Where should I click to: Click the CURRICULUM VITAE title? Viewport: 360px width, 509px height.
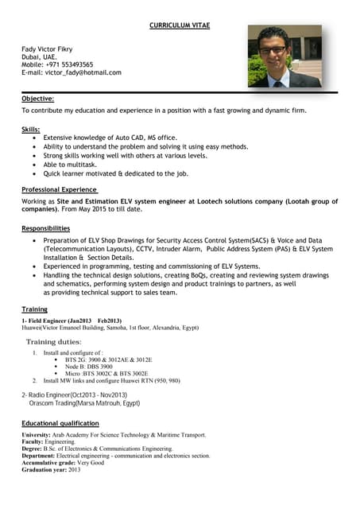[x=180, y=26]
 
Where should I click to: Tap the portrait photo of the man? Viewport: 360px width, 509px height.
[x=285, y=56]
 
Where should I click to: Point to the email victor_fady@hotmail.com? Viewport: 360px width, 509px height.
[x=71, y=73]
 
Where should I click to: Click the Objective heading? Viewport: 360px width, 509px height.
[x=37, y=99]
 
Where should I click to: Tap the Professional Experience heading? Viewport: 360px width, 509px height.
[x=60, y=190]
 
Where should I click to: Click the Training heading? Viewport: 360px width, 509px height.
[x=34, y=309]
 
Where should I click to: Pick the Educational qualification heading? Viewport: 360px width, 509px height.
[x=60, y=424]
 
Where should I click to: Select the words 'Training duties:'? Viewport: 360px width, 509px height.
[x=54, y=342]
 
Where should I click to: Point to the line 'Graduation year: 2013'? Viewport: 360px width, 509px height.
[x=52, y=470]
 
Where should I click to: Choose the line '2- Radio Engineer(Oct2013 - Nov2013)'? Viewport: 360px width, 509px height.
[x=74, y=395]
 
